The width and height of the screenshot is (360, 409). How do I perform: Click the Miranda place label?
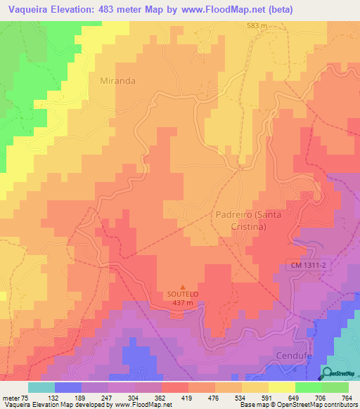pos(117,81)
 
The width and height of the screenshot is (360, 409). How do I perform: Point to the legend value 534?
pos(259,397)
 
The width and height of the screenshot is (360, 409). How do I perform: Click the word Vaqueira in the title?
pos(27,9)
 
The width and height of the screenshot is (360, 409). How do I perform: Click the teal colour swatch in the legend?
pos(41,387)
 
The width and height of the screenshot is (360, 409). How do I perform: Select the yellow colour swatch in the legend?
pos(281,387)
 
